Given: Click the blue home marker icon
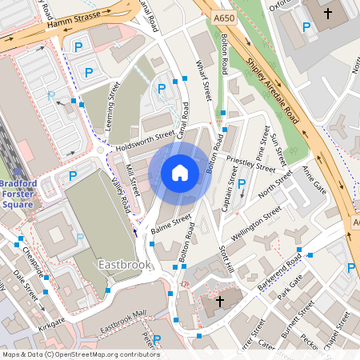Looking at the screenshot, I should (x=180, y=172).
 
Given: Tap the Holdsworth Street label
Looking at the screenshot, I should (x=144, y=141).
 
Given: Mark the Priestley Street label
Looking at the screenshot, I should (x=251, y=163).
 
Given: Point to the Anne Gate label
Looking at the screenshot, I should (x=314, y=180).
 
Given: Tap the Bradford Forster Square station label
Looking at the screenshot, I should (x=17, y=192).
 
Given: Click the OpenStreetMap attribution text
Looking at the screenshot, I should (x=80, y=354).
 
